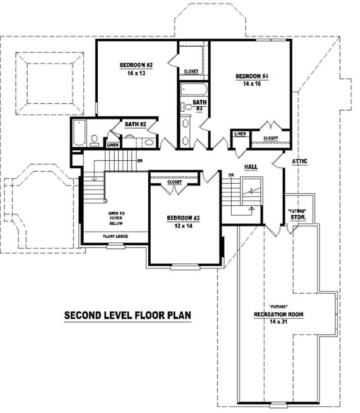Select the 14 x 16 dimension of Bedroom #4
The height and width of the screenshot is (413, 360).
coord(252,83)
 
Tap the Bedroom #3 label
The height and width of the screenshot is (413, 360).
coord(183,218)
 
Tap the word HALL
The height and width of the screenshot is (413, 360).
coord(251,167)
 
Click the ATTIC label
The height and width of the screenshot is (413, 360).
coord(300,161)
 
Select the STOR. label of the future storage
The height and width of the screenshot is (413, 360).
coord(297,217)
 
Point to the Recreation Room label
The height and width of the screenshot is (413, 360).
coord(278,314)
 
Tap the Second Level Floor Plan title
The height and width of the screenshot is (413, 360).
coord(127,315)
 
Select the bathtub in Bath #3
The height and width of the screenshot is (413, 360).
coord(193,89)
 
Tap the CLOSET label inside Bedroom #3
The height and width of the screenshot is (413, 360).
coord(174,182)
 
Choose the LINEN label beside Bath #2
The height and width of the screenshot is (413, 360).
coord(112,145)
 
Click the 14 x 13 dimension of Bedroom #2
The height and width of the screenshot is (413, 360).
coord(136,73)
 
